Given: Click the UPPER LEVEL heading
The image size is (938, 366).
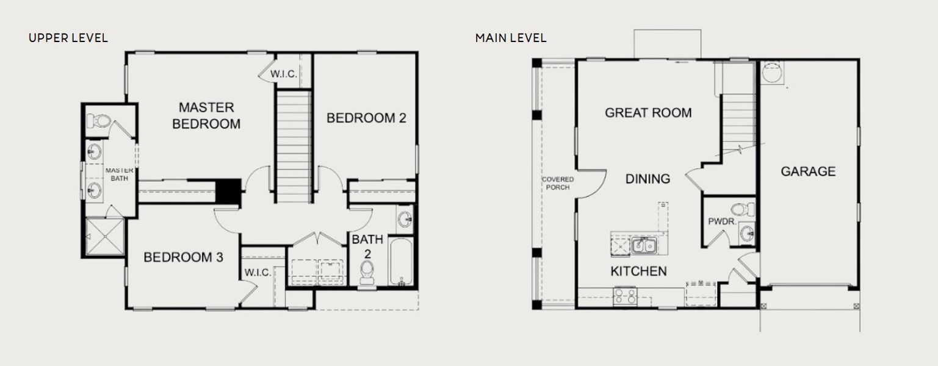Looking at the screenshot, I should point(68,38).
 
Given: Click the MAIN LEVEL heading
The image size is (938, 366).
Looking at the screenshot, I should point(511,38).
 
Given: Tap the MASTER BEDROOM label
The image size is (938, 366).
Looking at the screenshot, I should point(206,115).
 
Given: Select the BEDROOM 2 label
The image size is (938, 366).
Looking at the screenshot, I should point(366,118).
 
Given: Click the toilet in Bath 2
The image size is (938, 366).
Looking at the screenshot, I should point(367,272).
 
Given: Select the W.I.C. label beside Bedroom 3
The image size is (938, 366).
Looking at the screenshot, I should point(258,272).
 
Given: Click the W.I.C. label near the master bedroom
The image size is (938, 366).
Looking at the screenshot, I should point(284,74).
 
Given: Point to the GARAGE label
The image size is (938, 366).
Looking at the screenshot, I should point(808,171).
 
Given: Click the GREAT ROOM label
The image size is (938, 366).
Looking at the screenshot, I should point(648,112).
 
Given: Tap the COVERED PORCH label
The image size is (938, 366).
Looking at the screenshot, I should point(558,183).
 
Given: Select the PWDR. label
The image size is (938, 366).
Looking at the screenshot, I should point(720,221).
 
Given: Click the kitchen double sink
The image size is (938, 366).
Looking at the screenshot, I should point(643,246).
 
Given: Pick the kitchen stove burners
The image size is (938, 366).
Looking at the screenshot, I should point(625,296).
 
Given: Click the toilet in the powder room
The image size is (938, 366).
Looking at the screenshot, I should point(742,209).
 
